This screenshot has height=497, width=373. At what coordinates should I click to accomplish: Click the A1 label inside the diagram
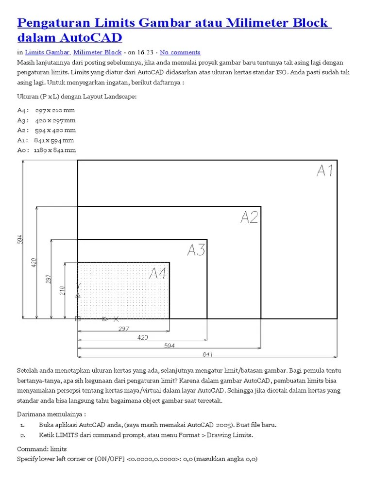click(325, 171)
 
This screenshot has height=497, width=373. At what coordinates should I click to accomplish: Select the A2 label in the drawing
click(249, 217)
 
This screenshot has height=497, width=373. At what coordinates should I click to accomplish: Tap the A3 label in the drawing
click(196, 250)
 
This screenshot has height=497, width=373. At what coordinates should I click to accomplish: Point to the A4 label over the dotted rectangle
click(158, 274)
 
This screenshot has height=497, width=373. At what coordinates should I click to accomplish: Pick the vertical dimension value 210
click(62, 290)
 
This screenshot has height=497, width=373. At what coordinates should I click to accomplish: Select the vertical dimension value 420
click(34, 263)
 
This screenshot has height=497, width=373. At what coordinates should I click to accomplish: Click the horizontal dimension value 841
click(208, 354)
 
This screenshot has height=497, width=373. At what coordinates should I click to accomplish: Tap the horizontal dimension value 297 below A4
click(124, 329)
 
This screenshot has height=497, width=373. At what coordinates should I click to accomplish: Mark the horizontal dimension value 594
click(169, 345)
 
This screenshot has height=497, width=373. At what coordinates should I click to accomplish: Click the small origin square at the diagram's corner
click(77, 319)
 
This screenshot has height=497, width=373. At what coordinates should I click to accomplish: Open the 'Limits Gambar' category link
click(47, 52)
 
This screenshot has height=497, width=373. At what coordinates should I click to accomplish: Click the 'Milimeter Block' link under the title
click(97, 52)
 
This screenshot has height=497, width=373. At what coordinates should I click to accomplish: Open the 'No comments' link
click(180, 52)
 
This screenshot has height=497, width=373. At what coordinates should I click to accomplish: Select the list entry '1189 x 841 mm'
click(55, 150)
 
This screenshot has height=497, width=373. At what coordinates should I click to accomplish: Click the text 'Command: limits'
click(42, 449)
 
